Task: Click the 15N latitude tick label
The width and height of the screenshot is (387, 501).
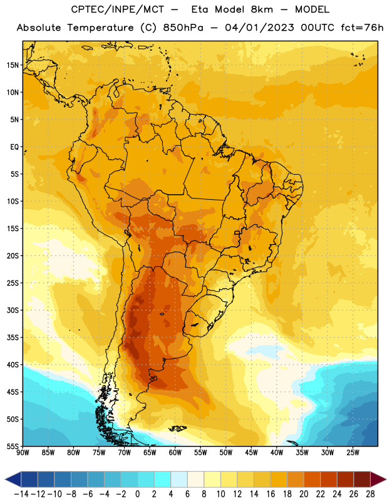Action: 13,65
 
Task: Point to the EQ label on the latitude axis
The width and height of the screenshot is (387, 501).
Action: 14,147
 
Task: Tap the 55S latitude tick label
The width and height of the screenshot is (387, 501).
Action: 13,447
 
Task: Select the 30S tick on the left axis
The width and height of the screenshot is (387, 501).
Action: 13,310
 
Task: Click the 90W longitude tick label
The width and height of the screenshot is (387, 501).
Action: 23,452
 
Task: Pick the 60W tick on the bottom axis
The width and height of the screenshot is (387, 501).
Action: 175,452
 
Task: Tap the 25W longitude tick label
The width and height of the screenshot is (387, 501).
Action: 353,452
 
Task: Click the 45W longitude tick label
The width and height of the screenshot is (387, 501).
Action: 251,452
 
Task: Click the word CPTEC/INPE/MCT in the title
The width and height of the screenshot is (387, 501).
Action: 117,9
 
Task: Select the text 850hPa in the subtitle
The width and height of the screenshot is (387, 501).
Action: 183,28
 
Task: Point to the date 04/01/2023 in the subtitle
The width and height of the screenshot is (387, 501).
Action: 259,28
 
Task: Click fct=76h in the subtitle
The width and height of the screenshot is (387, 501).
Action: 362,28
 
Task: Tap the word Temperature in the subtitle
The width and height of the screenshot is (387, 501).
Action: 100,28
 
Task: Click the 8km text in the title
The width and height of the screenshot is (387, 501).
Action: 262,9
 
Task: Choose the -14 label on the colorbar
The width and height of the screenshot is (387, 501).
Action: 21,494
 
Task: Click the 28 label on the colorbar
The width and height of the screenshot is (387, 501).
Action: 370,494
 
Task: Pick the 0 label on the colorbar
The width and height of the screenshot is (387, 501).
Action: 137,494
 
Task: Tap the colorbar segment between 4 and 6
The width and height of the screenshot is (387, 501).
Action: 179,480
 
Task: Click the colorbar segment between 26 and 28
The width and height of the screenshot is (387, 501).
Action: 362,480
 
